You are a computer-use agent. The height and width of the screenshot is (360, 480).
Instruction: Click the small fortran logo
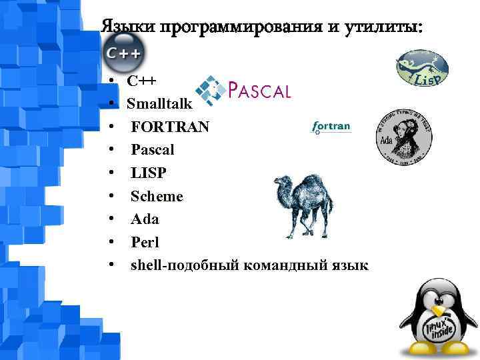click(x=331, y=127)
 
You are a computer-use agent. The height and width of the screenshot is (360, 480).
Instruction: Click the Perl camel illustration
click(x=304, y=205)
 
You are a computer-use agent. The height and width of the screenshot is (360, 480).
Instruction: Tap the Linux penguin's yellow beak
click(x=438, y=310)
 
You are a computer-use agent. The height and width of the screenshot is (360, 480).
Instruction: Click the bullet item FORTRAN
click(x=169, y=127)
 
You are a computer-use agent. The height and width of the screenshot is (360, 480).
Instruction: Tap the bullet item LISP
click(x=149, y=173)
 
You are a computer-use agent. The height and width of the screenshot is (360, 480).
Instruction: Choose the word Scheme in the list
click(x=157, y=196)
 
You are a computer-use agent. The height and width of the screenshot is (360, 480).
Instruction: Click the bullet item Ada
click(x=145, y=219)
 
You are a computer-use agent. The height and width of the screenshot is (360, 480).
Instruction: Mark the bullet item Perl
click(x=145, y=242)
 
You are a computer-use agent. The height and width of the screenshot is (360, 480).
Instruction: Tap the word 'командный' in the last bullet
click(x=283, y=265)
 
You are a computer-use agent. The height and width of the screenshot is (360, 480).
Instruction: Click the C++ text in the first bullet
click(x=141, y=81)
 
